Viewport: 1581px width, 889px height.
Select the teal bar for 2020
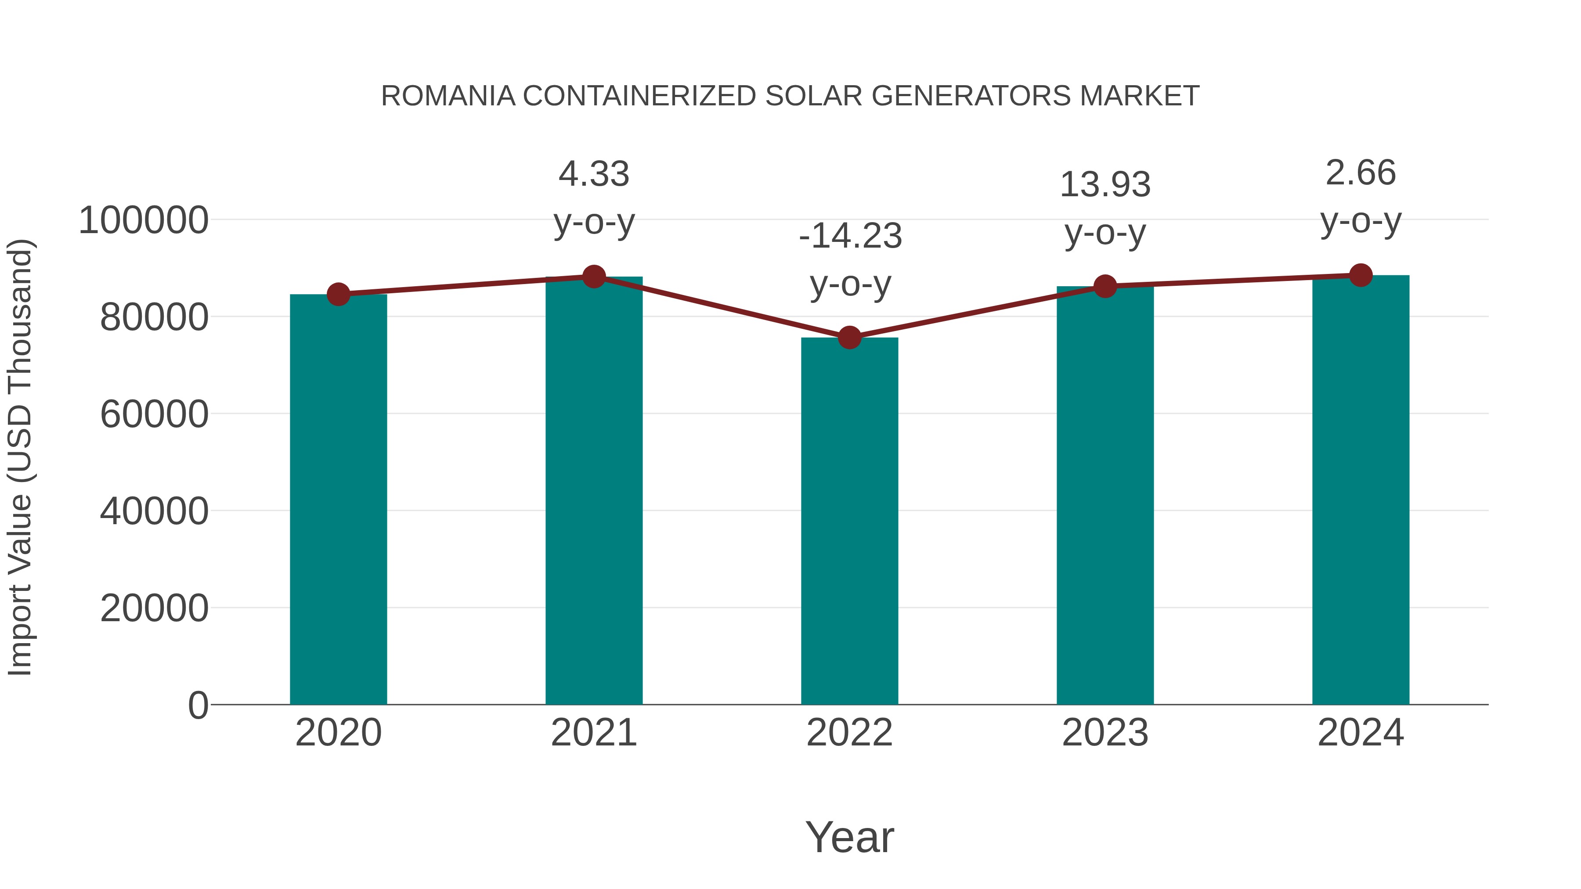(338, 500)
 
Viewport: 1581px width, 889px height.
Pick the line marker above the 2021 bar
(593, 277)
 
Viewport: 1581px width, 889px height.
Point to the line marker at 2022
(849, 338)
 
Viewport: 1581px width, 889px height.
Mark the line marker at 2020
(338, 295)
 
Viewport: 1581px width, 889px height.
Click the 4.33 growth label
(593, 174)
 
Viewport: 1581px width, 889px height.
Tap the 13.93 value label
(1105, 185)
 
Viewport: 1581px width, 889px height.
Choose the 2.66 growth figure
(1361, 173)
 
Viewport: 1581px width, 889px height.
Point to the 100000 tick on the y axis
(144, 221)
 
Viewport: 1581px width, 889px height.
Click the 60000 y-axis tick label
(154, 415)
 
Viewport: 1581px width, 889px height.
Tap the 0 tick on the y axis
(198, 705)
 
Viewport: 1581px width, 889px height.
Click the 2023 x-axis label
(1105, 733)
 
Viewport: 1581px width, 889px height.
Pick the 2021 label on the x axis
(593, 733)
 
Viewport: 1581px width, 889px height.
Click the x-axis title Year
(849, 838)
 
